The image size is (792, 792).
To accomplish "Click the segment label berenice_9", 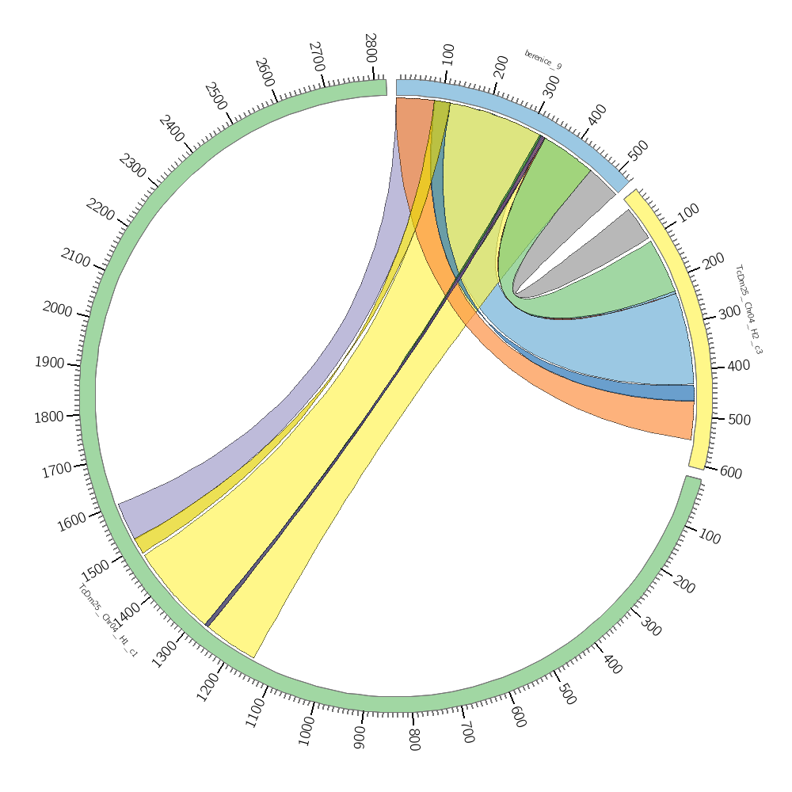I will tap(543, 60).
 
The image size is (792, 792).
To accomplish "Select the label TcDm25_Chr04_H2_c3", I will tap(748, 309).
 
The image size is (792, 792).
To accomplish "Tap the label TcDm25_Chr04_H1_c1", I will tap(108, 621).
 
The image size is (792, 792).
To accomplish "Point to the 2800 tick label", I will tap(371, 48).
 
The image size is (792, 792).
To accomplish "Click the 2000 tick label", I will tap(57, 308).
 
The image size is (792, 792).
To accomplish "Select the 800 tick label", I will tap(413, 740).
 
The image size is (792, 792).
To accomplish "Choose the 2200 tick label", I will tap(100, 211).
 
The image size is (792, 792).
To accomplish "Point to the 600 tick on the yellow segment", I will tap(730, 473).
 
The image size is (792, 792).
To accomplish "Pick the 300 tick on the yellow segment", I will tap(729, 314).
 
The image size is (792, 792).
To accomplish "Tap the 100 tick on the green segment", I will tap(710, 537).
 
